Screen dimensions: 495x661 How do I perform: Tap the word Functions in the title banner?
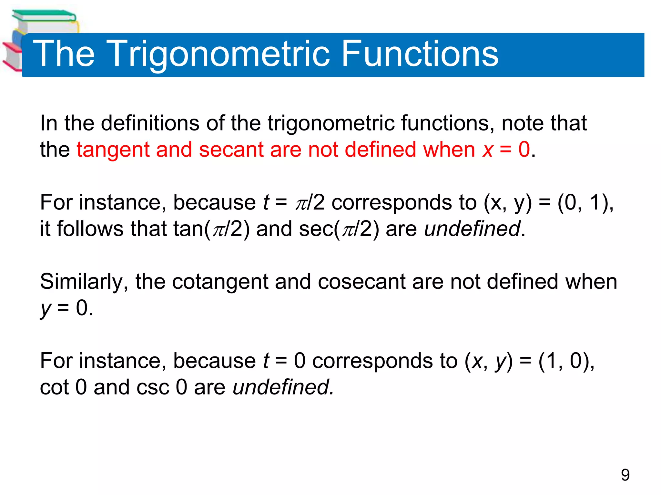point(420,53)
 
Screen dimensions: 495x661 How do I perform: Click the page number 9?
point(625,475)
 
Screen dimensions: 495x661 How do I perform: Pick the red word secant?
point(231,150)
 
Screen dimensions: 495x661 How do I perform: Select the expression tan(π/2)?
point(211,229)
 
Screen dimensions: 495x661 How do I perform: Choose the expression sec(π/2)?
point(339,229)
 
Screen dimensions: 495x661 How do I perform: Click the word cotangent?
point(220,282)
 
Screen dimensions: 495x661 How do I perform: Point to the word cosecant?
point(361,282)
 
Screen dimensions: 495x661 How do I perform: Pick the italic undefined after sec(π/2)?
point(472,229)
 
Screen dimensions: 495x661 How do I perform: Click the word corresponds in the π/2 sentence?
point(392,203)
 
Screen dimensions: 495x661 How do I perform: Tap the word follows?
point(90,229)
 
